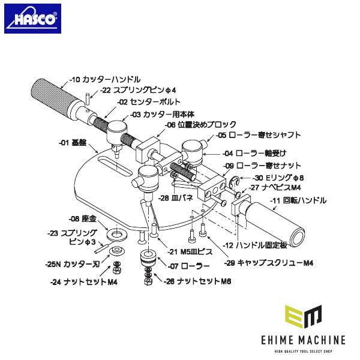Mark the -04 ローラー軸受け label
click(x=253, y=154)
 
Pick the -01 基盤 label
click(x=73, y=143)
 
